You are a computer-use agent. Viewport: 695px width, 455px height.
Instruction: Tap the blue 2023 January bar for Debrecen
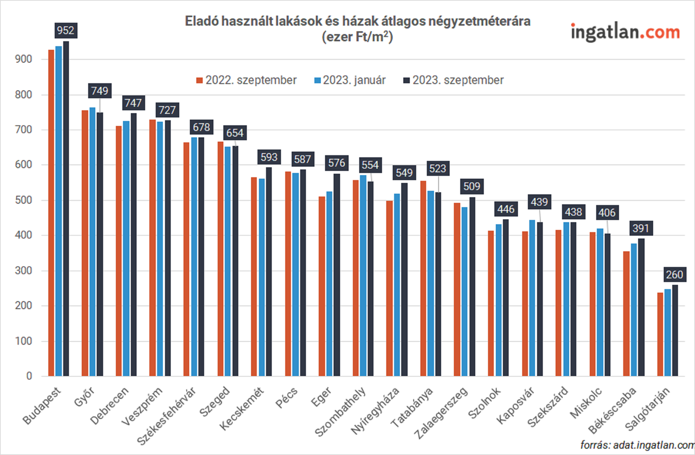click(126, 249)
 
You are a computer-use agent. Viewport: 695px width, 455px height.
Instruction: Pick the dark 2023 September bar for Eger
click(337, 275)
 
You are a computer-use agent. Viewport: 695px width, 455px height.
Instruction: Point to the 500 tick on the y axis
click(23, 200)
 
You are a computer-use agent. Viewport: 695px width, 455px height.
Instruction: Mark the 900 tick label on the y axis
click(23, 59)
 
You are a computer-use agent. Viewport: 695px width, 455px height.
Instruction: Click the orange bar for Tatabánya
click(423, 278)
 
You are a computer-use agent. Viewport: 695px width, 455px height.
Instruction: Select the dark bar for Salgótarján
click(675, 330)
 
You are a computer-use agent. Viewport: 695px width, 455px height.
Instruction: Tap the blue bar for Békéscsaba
click(634, 310)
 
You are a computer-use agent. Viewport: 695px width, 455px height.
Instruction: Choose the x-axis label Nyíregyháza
click(375, 411)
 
